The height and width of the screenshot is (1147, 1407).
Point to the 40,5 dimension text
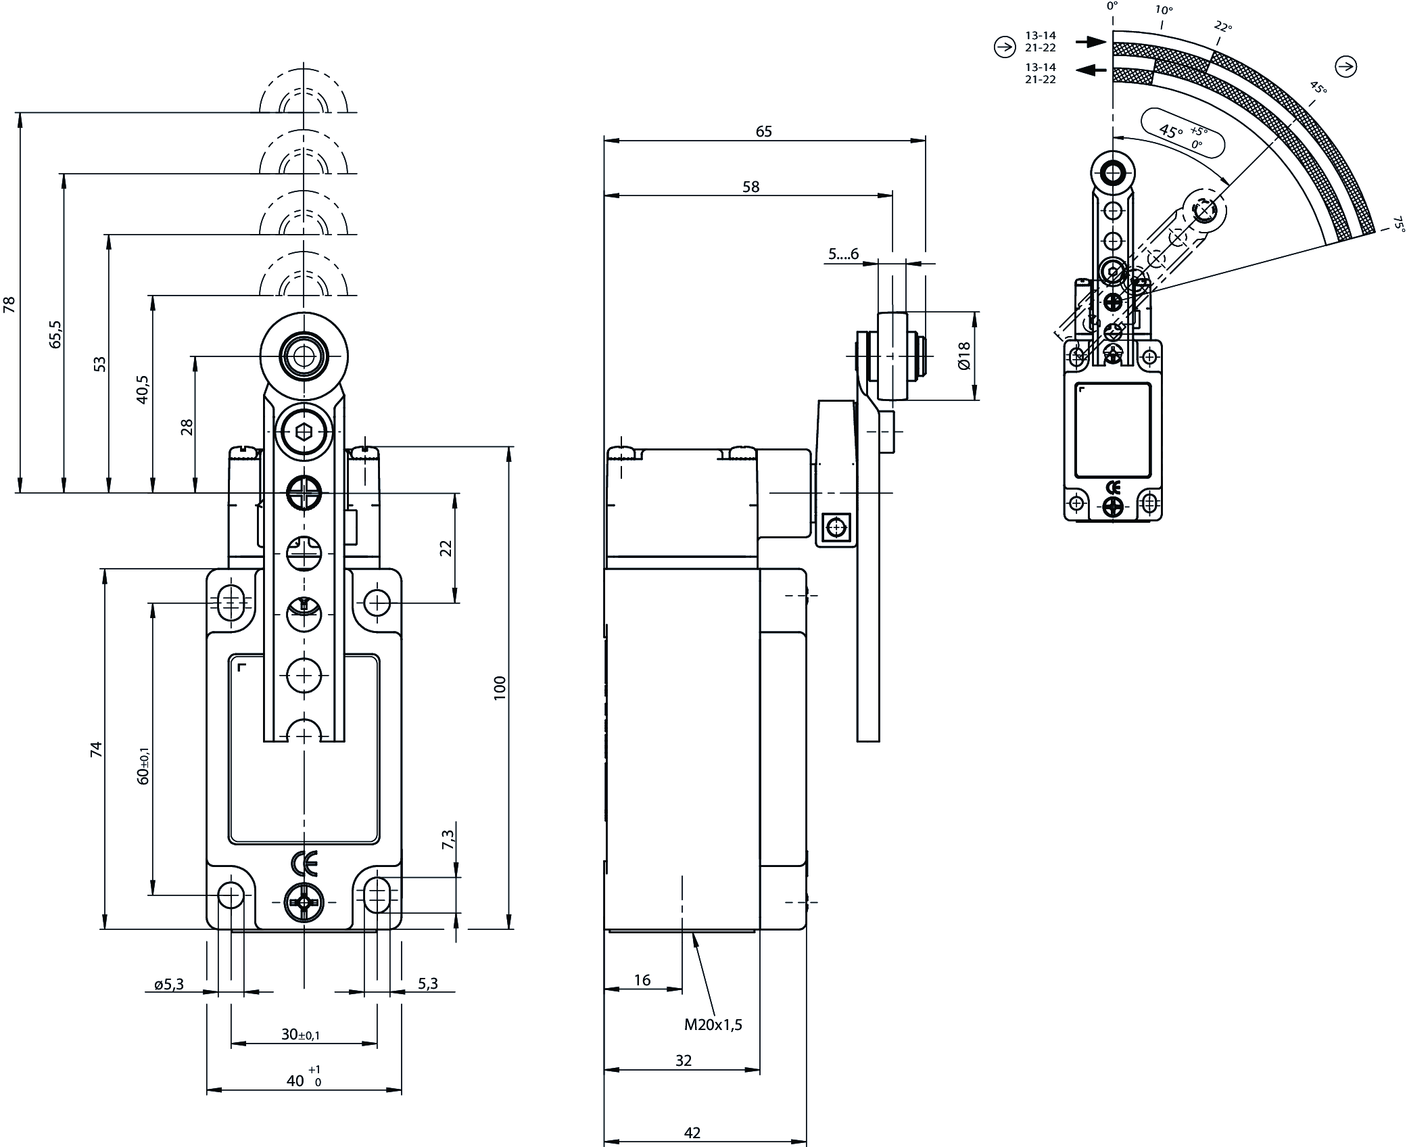(x=142, y=390)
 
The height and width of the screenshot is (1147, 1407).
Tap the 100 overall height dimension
(x=500, y=688)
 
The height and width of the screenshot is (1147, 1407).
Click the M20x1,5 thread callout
(x=713, y=1025)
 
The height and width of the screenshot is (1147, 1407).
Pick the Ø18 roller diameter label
(x=964, y=356)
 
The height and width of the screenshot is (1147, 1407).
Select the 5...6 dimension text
(x=843, y=254)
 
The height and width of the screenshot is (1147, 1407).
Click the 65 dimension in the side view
(x=763, y=131)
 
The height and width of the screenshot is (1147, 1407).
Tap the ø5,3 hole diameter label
(x=169, y=985)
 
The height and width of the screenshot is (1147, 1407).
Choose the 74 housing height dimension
(x=96, y=749)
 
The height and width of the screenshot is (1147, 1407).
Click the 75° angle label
(x=1397, y=224)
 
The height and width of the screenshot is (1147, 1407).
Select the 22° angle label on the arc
(x=1222, y=26)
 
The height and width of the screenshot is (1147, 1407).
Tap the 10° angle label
(x=1163, y=9)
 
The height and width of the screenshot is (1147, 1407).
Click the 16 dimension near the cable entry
(x=642, y=979)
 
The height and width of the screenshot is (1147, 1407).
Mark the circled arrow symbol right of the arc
(x=1346, y=66)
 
